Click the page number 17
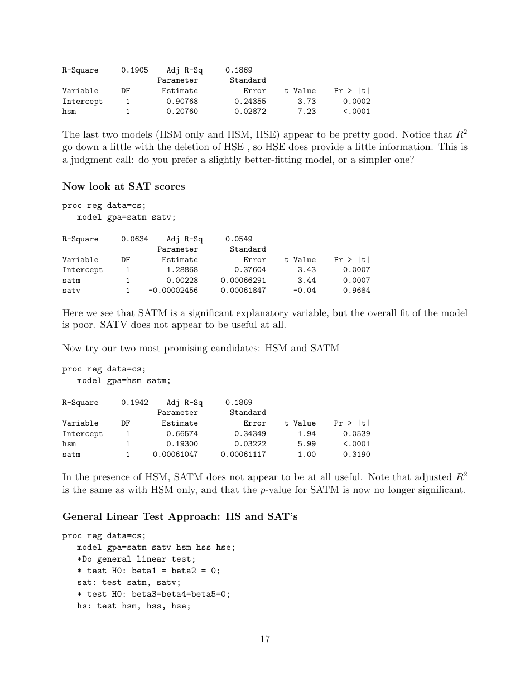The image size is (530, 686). click(x=265, y=639)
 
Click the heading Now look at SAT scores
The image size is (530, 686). click(x=123, y=186)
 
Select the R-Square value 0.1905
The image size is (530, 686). click(x=134, y=70)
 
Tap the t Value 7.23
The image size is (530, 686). click(x=306, y=112)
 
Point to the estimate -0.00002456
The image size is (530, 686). click(x=173, y=291)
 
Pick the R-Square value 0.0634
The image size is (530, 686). click(x=134, y=239)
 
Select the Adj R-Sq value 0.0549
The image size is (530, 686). click(x=239, y=239)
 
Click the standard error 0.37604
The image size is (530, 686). click(x=250, y=270)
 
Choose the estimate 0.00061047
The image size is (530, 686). click(x=175, y=455)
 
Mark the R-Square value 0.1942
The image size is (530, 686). click(x=134, y=403)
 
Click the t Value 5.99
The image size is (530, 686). click(x=306, y=444)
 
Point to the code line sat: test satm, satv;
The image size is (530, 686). click(x=129, y=582)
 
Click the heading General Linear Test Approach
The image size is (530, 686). click(x=180, y=516)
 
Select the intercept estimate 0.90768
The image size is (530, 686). click(x=182, y=102)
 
